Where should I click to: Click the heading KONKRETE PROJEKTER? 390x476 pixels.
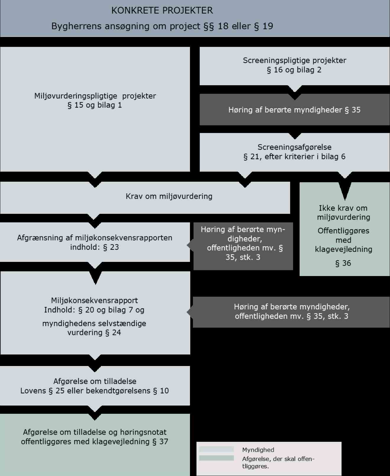coord(162,11)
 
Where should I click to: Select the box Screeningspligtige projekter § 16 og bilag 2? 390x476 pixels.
coord(294,65)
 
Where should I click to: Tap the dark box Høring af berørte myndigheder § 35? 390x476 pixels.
coord(294,110)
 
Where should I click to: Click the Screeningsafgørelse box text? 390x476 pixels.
coord(294,152)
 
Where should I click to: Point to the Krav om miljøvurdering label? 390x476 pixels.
coord(169,196)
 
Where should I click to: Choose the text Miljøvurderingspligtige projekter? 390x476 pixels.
coord(95,96)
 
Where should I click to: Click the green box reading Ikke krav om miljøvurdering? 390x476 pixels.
coord(343,213)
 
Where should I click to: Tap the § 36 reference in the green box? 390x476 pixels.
coord(343,263)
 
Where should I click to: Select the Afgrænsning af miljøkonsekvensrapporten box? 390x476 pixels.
coord(95,242)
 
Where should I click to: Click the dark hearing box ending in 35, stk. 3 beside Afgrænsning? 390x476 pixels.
coord(243,243)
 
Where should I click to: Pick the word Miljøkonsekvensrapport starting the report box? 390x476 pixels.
coord(95,301)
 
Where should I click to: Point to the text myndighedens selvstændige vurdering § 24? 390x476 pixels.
coord(94,328)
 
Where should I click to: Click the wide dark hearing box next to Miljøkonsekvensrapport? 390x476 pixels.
coord(291,312)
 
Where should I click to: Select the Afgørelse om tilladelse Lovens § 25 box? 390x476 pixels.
coord(95,386)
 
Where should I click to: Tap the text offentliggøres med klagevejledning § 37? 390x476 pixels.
coord(95,441)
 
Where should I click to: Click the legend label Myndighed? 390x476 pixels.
coord(258,450)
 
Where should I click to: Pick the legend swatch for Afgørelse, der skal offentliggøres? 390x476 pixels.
coord(217,458)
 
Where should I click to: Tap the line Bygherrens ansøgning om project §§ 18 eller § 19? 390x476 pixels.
coord(162,26)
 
